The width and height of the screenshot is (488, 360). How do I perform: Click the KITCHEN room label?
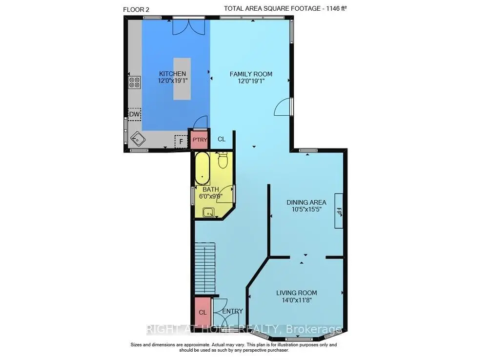172,74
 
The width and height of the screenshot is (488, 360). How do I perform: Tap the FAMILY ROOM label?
251,74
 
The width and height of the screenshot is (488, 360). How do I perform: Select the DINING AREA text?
306,202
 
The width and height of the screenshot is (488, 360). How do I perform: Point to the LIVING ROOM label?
297,293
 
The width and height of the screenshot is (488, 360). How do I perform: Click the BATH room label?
211,190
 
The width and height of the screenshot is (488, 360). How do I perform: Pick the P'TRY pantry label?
200,140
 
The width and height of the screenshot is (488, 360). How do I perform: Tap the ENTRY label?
232,311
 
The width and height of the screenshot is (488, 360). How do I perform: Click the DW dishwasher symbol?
135,114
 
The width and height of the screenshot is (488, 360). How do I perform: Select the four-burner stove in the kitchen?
135,83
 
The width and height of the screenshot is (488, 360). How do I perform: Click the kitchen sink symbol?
138,139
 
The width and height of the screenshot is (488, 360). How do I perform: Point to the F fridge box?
181,142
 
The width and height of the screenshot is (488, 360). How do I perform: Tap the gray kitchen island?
182,79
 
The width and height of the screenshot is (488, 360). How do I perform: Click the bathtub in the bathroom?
203,169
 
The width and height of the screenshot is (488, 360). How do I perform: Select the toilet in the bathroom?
223,160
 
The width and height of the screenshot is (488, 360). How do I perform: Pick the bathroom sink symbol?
208,212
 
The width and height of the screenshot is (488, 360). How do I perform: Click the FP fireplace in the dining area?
339,211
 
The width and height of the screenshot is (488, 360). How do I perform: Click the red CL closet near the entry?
203,312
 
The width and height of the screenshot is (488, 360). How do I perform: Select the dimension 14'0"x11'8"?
297,300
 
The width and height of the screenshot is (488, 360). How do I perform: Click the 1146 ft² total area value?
336,9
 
